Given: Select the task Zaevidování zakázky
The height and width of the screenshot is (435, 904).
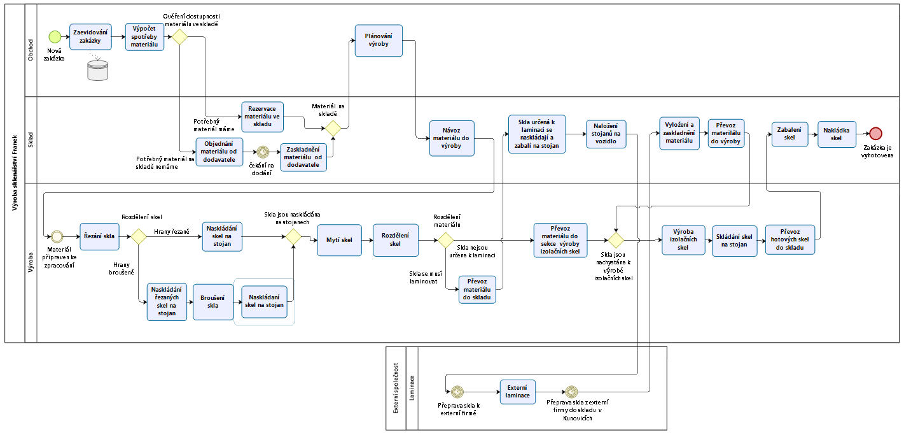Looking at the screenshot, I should click(90, 36).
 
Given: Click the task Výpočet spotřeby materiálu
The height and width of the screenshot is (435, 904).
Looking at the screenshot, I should click(144, 36).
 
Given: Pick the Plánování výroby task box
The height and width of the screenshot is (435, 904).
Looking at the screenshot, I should click(379, 40).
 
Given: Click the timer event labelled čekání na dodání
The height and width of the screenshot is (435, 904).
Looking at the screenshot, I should click(261, 152).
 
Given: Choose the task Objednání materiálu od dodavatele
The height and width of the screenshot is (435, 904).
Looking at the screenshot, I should click(219, 152).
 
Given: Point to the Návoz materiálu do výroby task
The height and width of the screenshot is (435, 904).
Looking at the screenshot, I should click(452, 138).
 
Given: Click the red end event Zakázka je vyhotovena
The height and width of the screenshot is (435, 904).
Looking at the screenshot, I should click(876, 133).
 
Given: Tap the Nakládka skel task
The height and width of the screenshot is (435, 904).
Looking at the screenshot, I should click(837, 134).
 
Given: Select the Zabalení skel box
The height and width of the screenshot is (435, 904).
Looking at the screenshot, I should click(790, 133).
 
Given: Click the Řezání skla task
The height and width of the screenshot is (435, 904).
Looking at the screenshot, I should click(100, 236).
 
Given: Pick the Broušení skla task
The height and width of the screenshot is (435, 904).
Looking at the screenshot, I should click(213, 301).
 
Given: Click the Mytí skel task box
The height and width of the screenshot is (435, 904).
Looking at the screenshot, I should click(339, 239).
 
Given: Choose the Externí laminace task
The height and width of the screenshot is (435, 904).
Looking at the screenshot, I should click(517, 392).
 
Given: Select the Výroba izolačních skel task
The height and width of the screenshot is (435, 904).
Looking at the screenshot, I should click(683, 239).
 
